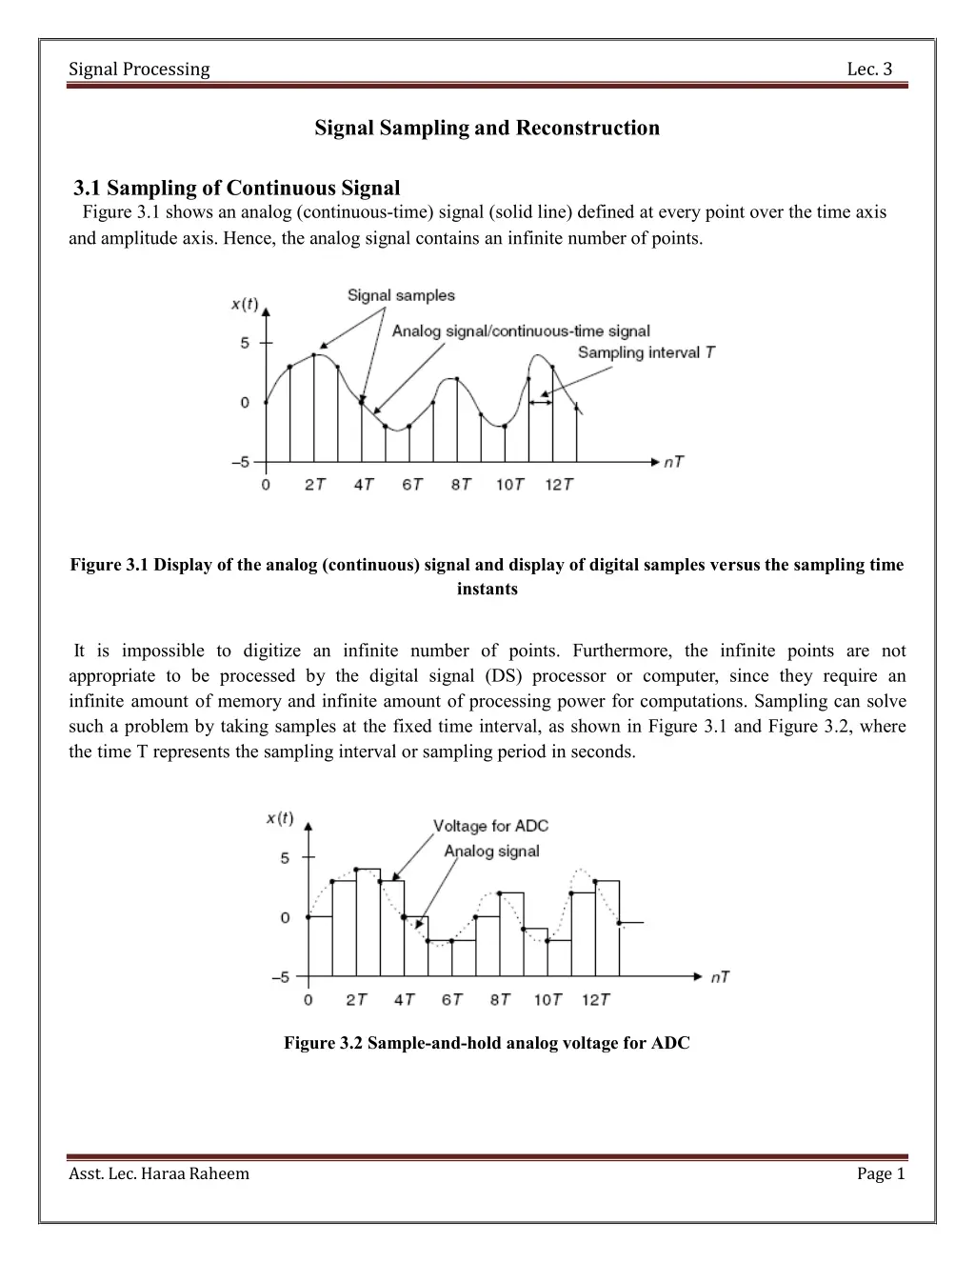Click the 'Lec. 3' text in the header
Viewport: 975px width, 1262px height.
(869, 70)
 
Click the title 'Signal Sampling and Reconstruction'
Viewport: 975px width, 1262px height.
(487, 128)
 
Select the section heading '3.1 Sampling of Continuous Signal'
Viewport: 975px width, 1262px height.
(237, 188)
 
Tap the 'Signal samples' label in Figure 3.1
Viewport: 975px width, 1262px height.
(401, 295)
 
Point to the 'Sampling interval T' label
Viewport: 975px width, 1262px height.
(647, 352)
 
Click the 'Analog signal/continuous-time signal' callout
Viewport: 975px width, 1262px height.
(521, 331)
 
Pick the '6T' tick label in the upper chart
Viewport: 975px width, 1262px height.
(412, 485)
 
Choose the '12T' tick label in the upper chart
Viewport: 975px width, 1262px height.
(559, 485)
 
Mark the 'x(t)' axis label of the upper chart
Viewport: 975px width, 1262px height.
(245, 305)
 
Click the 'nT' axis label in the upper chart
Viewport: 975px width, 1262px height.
(673, 462)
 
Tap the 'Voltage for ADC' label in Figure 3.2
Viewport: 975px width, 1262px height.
(490, 826)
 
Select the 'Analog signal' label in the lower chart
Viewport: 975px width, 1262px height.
(491, 851)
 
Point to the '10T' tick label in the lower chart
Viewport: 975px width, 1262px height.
(547, 999)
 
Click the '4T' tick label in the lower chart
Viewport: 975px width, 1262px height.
(405, 999)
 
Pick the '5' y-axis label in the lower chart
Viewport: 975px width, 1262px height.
(285, 858)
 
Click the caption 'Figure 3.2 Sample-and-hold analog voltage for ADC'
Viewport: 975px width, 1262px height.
(487, 1043)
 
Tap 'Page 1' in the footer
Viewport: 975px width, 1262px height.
(881, 1173)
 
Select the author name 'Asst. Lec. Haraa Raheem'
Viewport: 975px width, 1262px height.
(159, 1173)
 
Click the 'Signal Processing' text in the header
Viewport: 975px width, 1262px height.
(140, 70)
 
